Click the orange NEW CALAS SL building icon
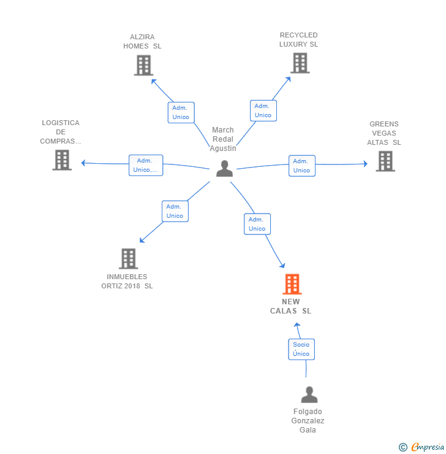point(292,283)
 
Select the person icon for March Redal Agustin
point(224,169)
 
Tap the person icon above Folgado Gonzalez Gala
point(309,394)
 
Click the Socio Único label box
point(301,349)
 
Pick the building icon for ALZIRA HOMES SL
point(143,66)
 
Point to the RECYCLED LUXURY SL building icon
point(300,63)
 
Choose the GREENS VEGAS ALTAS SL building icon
point(385,161)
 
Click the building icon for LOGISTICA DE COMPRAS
point(62,160)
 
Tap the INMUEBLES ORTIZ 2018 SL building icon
point(128,258)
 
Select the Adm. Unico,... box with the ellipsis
point(146,165)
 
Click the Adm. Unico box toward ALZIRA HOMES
point(181,113)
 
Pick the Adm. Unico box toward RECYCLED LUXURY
point(263,110)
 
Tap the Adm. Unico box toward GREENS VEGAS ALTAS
point(302,166)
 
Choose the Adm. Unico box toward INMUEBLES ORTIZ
point(175,212)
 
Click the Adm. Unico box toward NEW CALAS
point(257,224)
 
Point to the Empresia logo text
point(427,447)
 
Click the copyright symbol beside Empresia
point(403,447)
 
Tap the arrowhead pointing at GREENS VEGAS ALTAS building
point(366,164)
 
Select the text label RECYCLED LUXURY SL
point(298,40)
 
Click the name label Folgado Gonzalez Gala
point(308,421)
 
